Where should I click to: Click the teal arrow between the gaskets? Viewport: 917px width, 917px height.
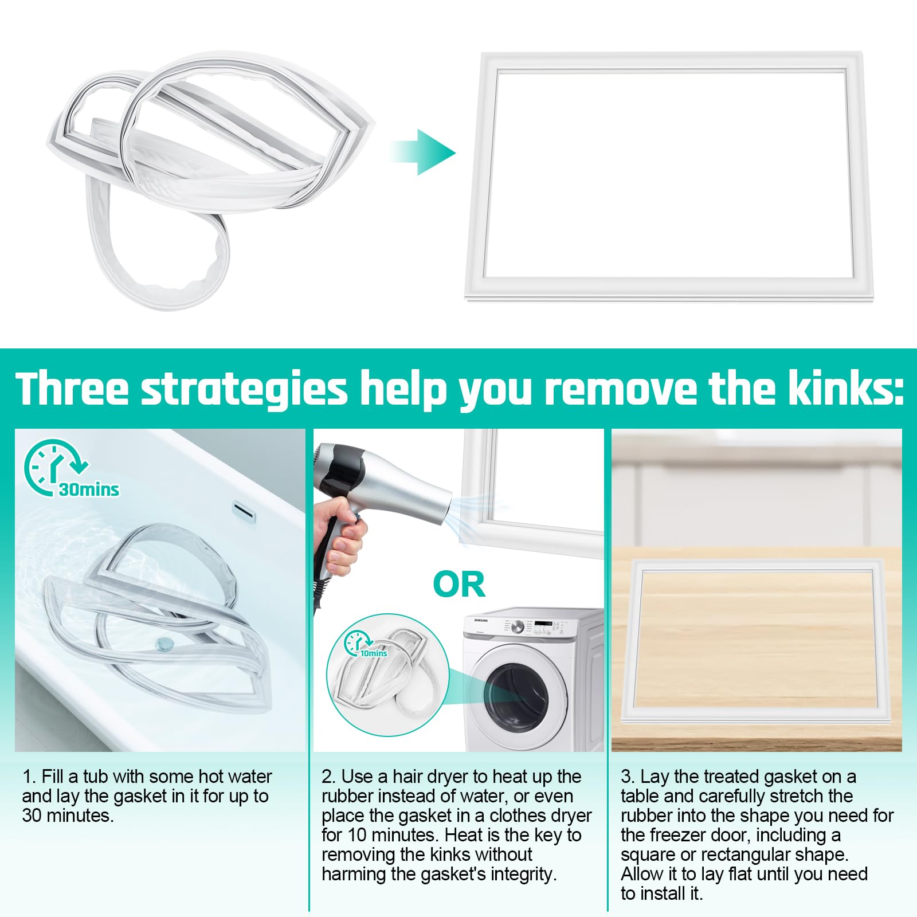click(423, 152)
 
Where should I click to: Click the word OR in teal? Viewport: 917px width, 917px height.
click(459, 585)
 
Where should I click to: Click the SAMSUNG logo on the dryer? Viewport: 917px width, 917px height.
click(480, 620)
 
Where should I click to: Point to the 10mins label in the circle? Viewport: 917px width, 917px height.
click(374, 653)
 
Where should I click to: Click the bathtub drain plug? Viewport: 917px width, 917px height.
click(164, 644)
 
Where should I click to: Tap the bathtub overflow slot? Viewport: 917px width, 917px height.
click(244, 512)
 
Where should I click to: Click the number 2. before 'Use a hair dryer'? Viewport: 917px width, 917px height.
click(328, 777)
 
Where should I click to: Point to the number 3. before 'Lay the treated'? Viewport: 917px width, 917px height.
click(628, 777)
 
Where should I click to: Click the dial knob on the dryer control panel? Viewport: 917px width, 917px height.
click(518, 627)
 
